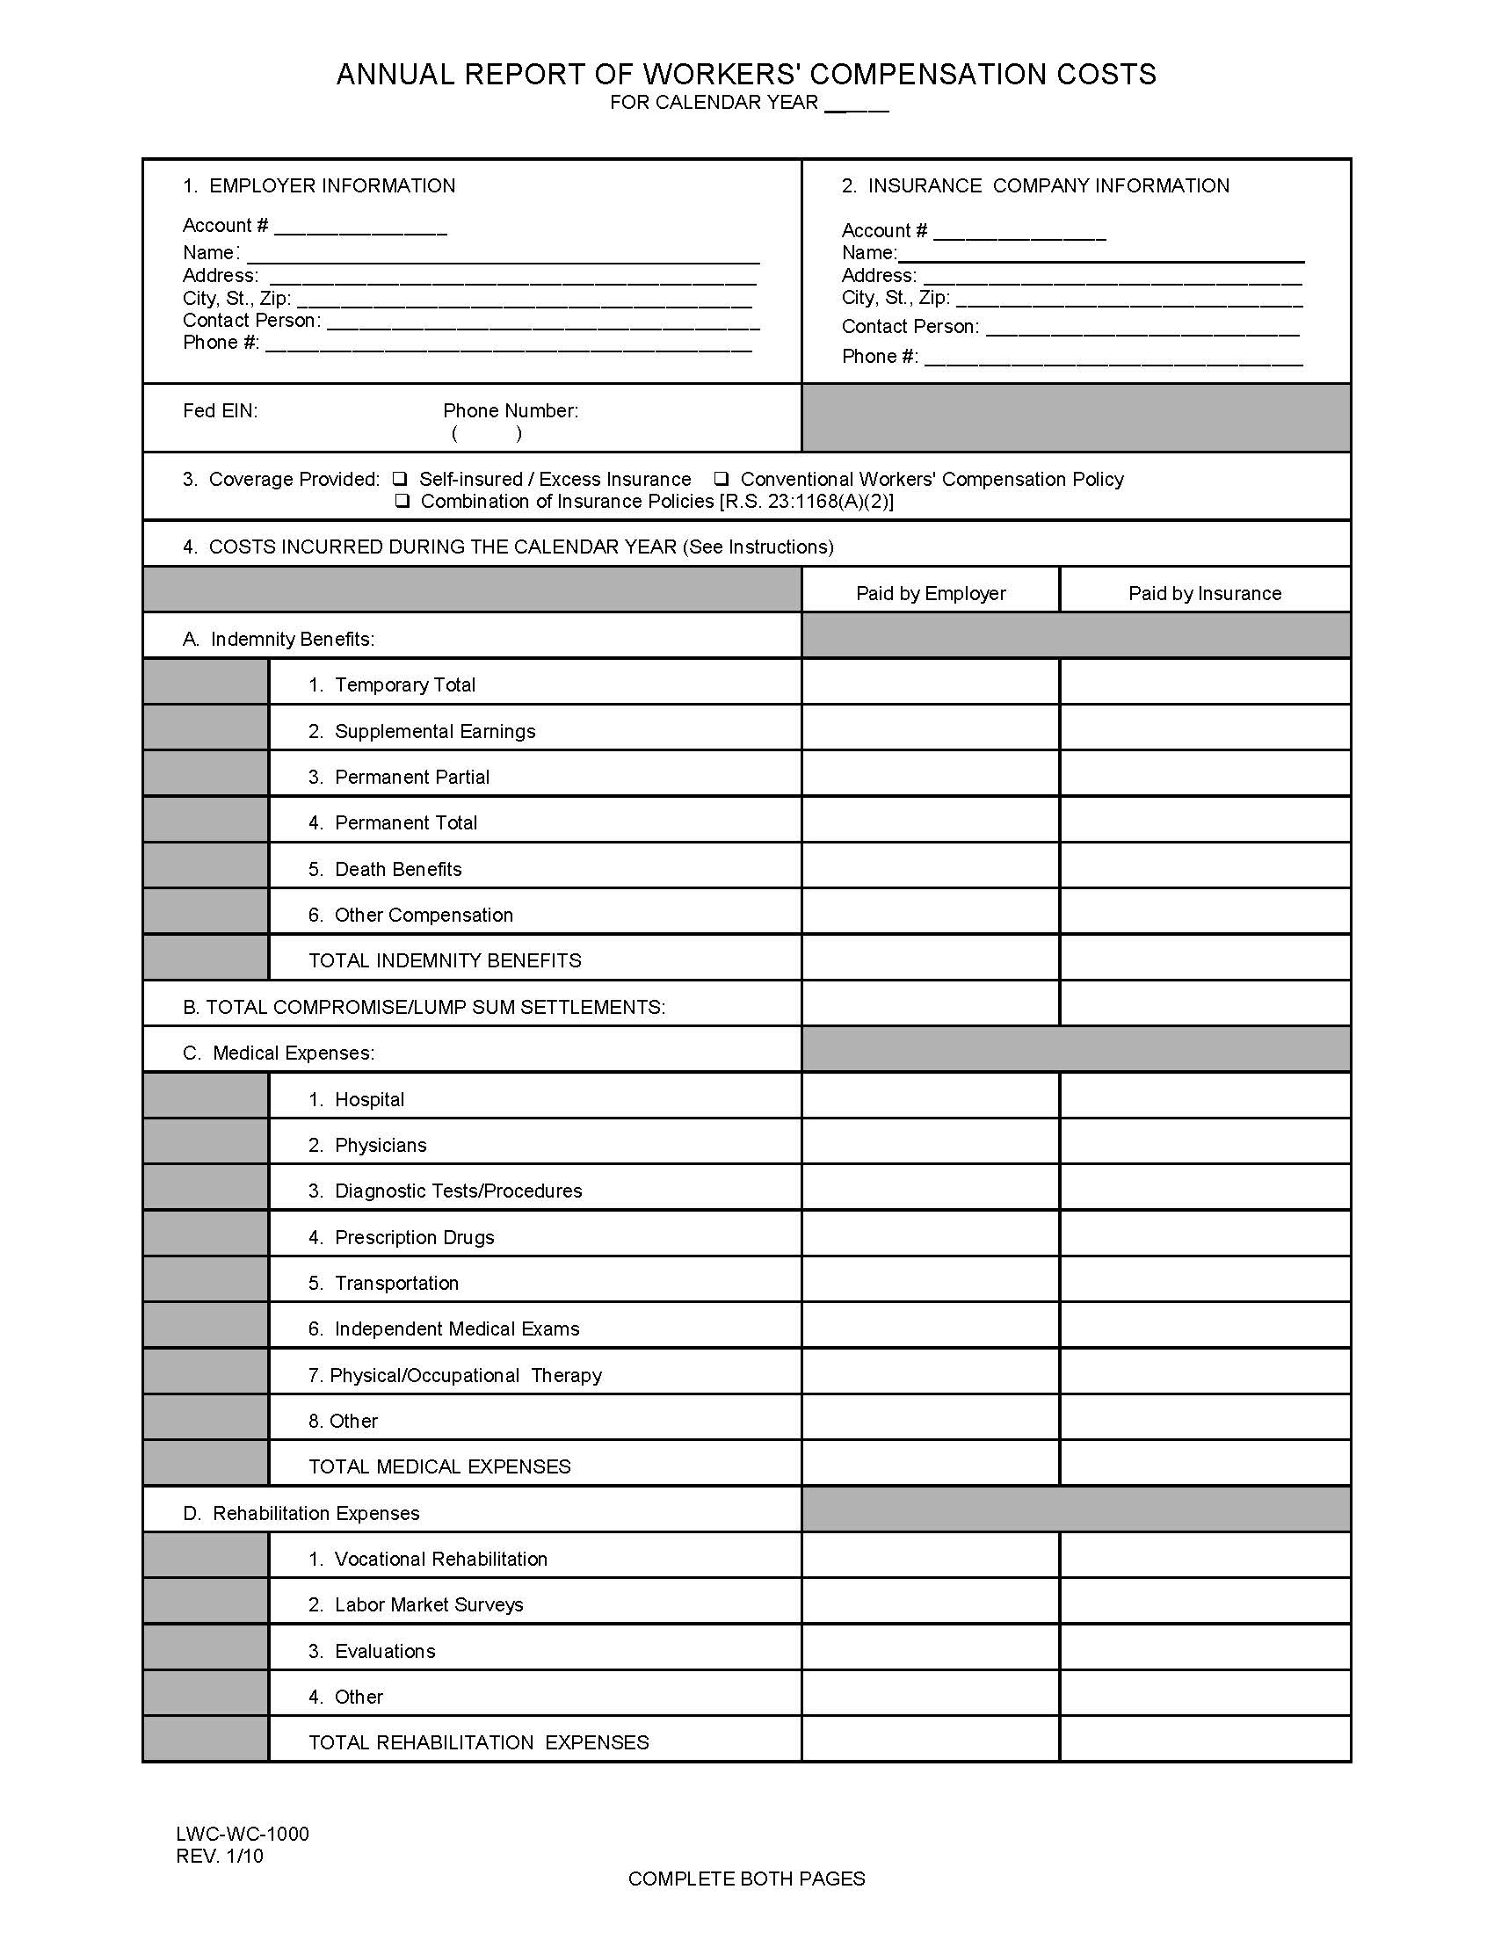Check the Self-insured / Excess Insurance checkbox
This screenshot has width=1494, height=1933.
[401, 479]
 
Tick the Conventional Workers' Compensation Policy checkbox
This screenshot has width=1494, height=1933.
[722, 479]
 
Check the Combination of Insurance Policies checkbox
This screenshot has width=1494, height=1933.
[403, 501]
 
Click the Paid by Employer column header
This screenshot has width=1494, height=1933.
[930, 593]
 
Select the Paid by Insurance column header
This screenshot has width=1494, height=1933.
[1205, 593]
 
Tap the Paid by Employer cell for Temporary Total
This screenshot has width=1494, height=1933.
[930, 683]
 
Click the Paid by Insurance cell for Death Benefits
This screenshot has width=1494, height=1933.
[1205, 866]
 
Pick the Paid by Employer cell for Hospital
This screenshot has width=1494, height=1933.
[930, 1097]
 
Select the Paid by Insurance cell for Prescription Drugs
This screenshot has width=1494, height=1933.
[1205, 1234]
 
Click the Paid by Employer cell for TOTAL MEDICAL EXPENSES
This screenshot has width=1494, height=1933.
[930, 1465]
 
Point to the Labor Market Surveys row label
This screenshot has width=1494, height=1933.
[428, 1604]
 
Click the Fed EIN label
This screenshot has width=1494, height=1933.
[221, 410]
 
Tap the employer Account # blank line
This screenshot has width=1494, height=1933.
[360, 228]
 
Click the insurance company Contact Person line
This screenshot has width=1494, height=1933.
[1142, 329]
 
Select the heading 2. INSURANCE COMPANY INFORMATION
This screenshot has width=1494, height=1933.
[1034, 186]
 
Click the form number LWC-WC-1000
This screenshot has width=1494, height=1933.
[243, 1833]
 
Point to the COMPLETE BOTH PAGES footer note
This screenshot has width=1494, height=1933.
[746, 1879]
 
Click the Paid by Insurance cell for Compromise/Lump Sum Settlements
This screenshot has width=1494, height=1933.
[1205, 1003]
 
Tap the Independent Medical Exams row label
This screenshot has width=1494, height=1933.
[456, 1328]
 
